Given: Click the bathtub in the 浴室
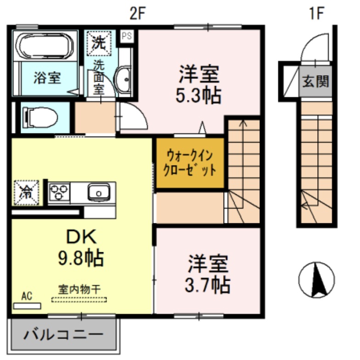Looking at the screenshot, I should click(45, 46).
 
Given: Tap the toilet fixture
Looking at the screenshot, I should click(41, 117).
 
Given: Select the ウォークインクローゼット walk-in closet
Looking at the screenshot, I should click(190, 163).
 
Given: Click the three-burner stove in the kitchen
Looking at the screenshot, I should click(58, 192).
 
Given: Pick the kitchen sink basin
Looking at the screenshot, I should click(98, 192).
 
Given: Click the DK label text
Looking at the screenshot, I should click(83, 238).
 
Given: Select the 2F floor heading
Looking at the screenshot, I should click(137, 14).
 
